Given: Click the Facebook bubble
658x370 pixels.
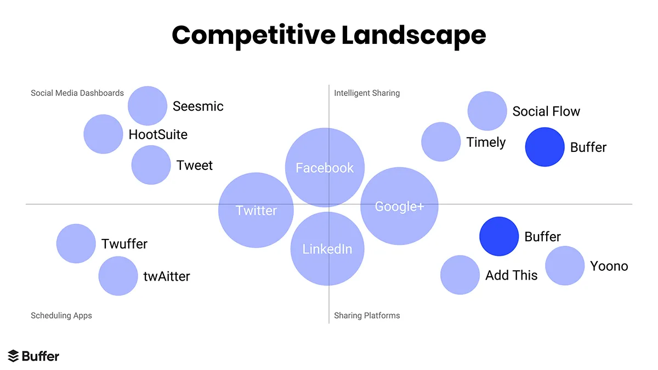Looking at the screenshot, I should tap(325, 167).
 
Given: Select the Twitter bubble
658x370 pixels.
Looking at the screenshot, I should tap(256, 210).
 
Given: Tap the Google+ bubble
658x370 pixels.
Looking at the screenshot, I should tap(399, 206).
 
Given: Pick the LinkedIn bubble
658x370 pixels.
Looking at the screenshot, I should tap(327, 249).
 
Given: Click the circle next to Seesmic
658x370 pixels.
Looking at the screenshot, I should tap(148, 106).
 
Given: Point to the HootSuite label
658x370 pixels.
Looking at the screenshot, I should tap(158, 134).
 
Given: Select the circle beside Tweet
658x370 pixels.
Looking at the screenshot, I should tap(151, 165).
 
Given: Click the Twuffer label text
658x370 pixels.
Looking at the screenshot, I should tap(124, 244).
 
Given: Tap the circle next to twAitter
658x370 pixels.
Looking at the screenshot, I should tap(118, 276).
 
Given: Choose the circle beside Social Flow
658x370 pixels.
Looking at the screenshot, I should tap(487, 111).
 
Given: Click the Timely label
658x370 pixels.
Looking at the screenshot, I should tap(486, 143).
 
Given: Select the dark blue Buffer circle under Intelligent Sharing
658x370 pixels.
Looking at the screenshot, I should tap(544, 147).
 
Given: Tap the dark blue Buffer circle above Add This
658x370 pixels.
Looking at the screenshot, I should tap(499, 236).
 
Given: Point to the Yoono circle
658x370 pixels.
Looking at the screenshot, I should tap(565, 266).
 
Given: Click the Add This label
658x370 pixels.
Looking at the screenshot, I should tap(511, 275).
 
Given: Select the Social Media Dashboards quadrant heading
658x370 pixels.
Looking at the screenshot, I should tap(77, 93).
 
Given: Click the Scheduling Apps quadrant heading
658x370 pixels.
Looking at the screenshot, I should tap(61, 316).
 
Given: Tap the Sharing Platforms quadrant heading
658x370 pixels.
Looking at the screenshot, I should tap(367, 316).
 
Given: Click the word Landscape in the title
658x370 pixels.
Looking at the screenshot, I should tap(413, 36).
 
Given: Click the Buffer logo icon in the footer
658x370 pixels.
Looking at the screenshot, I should tap(14, 356).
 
